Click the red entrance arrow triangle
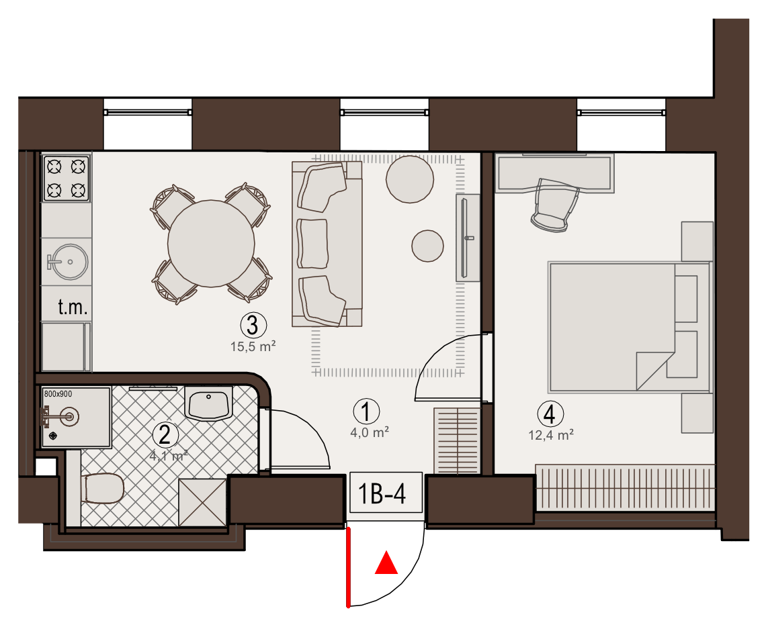(386, 563)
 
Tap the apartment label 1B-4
(382, 493)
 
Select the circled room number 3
(253, 325)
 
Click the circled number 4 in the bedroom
(550, 414)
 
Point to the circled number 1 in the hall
(366, 411)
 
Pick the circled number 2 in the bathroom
(165, 434)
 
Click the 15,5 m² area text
(253, 346)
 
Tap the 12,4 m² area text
(551, 434)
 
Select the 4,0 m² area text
(370, 432)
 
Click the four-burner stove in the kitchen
(67, 178)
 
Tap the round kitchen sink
(69, 262)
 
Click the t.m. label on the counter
(73, 307)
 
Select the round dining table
(211, 243)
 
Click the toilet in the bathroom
(102, 488)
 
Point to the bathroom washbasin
(208, 403)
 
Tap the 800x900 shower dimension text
(58, 393)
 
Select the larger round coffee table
(410, 179)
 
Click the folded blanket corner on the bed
(655, 371)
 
